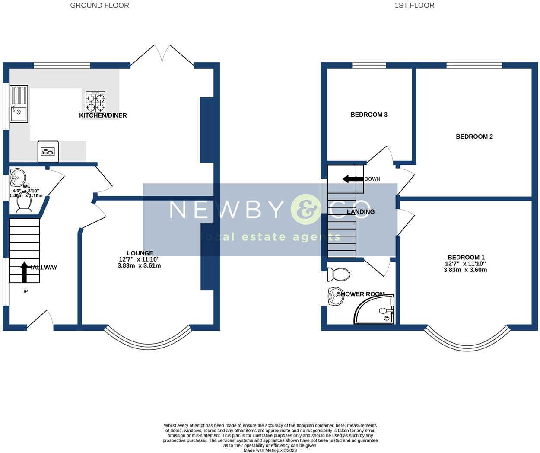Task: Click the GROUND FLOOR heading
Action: coord(99,6)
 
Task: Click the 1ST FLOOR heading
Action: coord(414,6)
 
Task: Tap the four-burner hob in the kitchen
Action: coord(95,102)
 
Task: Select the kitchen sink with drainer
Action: coord(19,104)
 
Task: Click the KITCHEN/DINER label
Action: coord(103,115)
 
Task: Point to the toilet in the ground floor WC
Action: coord(24,207)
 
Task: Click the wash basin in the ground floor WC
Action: coord(18,177)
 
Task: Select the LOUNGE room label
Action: coord(140,253)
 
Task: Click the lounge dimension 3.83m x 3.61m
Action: coord(139,265)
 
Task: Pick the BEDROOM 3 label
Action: coord(369,115)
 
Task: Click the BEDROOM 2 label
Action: coord(474,137)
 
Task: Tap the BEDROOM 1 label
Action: coord(466,257)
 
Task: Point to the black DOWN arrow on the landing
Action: coord(353,179)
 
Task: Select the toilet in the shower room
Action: coord(339,274)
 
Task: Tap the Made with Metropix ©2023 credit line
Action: coord(270,450)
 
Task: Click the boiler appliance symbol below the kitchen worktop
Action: coord(48,151)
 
